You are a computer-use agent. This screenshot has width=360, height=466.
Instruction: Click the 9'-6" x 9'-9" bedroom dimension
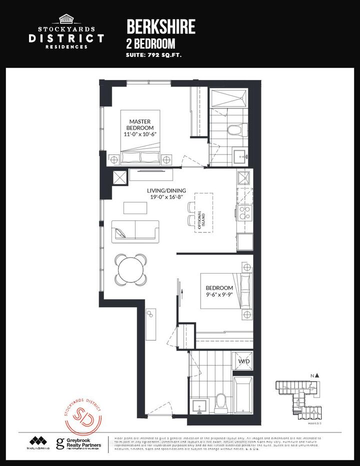pos(219,294)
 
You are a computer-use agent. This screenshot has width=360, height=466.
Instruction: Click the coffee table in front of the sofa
pos(136,207)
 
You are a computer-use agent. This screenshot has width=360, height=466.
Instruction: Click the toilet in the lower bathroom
pos(220,400)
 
